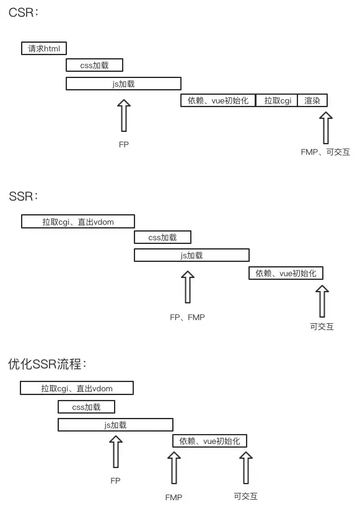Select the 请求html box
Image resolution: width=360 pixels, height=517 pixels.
point(44,48)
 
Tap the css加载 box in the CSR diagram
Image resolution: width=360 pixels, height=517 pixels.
point(95,65)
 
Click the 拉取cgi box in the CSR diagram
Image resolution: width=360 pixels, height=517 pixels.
point(277,100)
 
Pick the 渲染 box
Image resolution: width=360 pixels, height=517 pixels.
point(312,100)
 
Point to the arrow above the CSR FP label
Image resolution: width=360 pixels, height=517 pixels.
point(125,116)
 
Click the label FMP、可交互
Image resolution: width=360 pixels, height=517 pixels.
point(325,151)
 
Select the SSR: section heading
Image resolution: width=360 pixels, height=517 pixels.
point(24,196)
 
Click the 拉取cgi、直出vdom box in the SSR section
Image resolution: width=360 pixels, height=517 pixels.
point(78,221)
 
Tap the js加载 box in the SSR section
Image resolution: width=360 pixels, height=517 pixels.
point(191,255)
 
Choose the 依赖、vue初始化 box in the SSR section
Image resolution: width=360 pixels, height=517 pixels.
point(286,273)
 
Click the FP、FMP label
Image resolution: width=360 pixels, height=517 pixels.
point(187,317)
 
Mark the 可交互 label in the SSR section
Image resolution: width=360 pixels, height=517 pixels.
point(322,326)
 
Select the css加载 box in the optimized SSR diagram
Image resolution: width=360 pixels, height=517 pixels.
point(86,407)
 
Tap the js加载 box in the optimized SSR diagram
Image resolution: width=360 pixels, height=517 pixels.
point(115,425)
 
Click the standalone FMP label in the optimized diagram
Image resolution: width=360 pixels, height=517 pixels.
point(173,497)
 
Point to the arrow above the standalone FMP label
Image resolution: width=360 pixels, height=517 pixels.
point(174,469)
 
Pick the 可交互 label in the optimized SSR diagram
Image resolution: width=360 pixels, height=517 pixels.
point(245,496)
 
